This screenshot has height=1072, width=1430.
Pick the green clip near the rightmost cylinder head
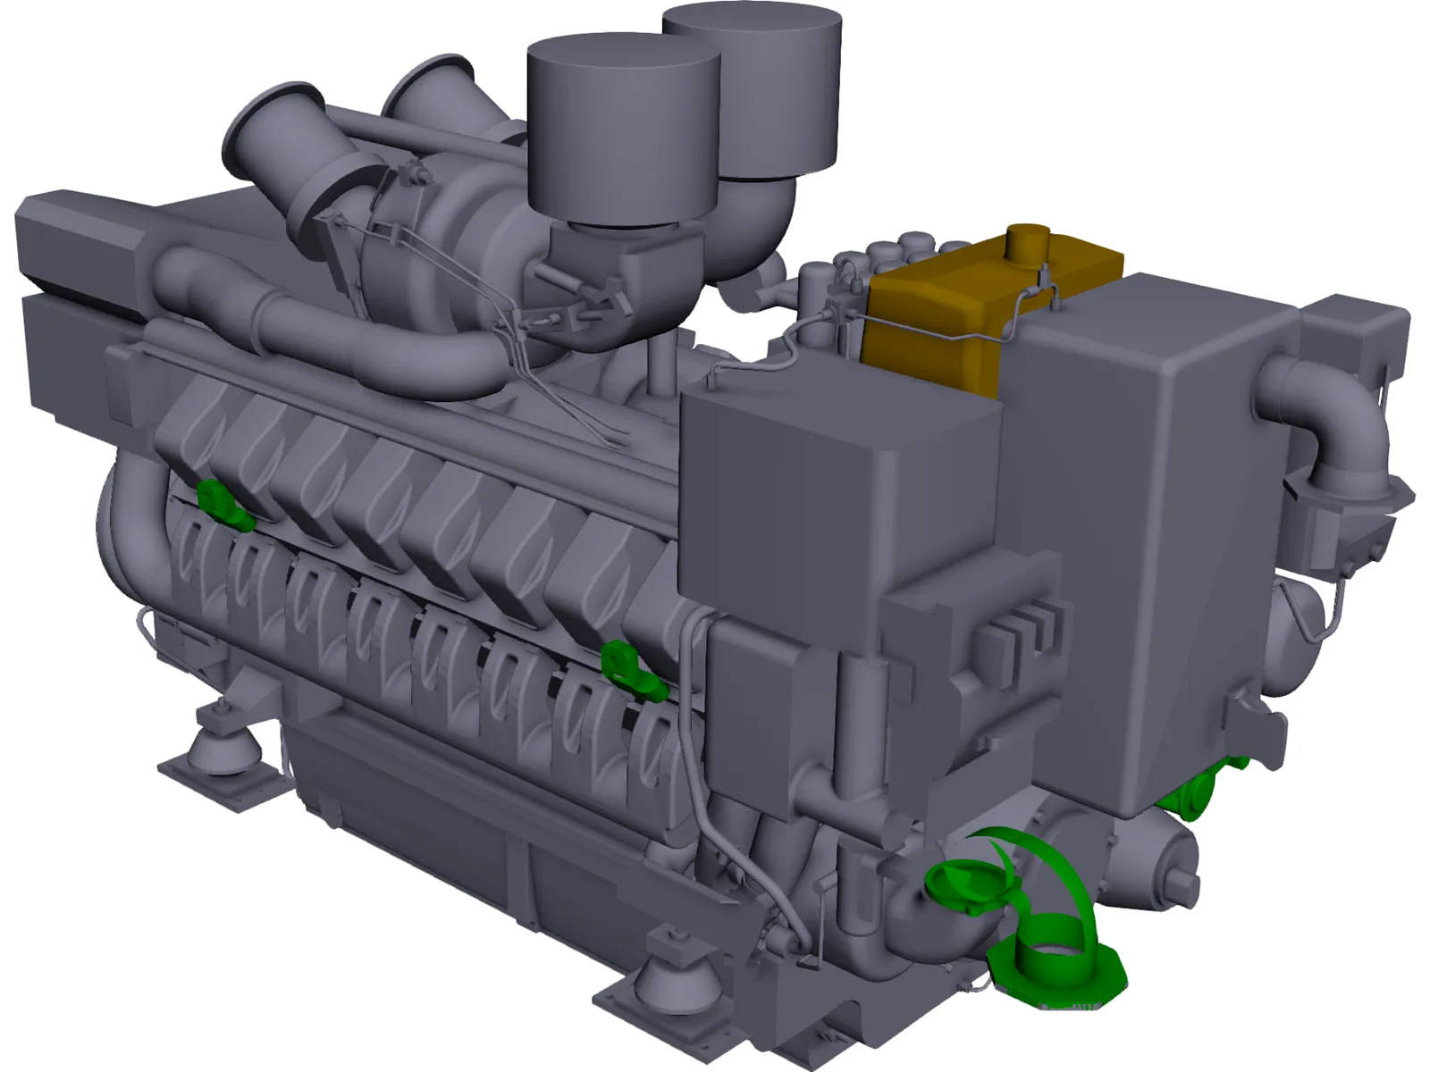[630, 670]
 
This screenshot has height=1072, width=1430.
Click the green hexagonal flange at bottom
[1059, 969]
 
